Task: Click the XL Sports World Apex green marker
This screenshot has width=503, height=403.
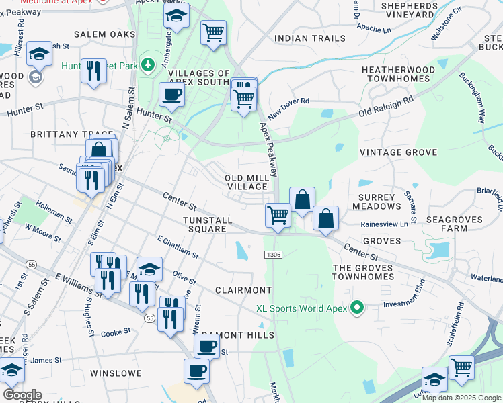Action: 357,308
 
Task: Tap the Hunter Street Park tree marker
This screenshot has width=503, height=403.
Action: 149,65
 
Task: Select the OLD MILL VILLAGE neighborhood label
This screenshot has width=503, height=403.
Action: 247,181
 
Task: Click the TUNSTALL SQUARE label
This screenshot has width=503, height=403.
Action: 208,224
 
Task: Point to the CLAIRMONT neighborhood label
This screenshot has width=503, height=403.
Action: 243,290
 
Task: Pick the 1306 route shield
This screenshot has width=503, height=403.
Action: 273,253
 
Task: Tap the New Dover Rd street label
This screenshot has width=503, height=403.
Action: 288,106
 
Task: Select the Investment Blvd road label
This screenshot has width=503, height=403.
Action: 405,304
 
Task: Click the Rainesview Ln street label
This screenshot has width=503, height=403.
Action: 384,224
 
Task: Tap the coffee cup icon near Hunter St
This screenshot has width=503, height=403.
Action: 171,95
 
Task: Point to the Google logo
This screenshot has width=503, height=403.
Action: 22,395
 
